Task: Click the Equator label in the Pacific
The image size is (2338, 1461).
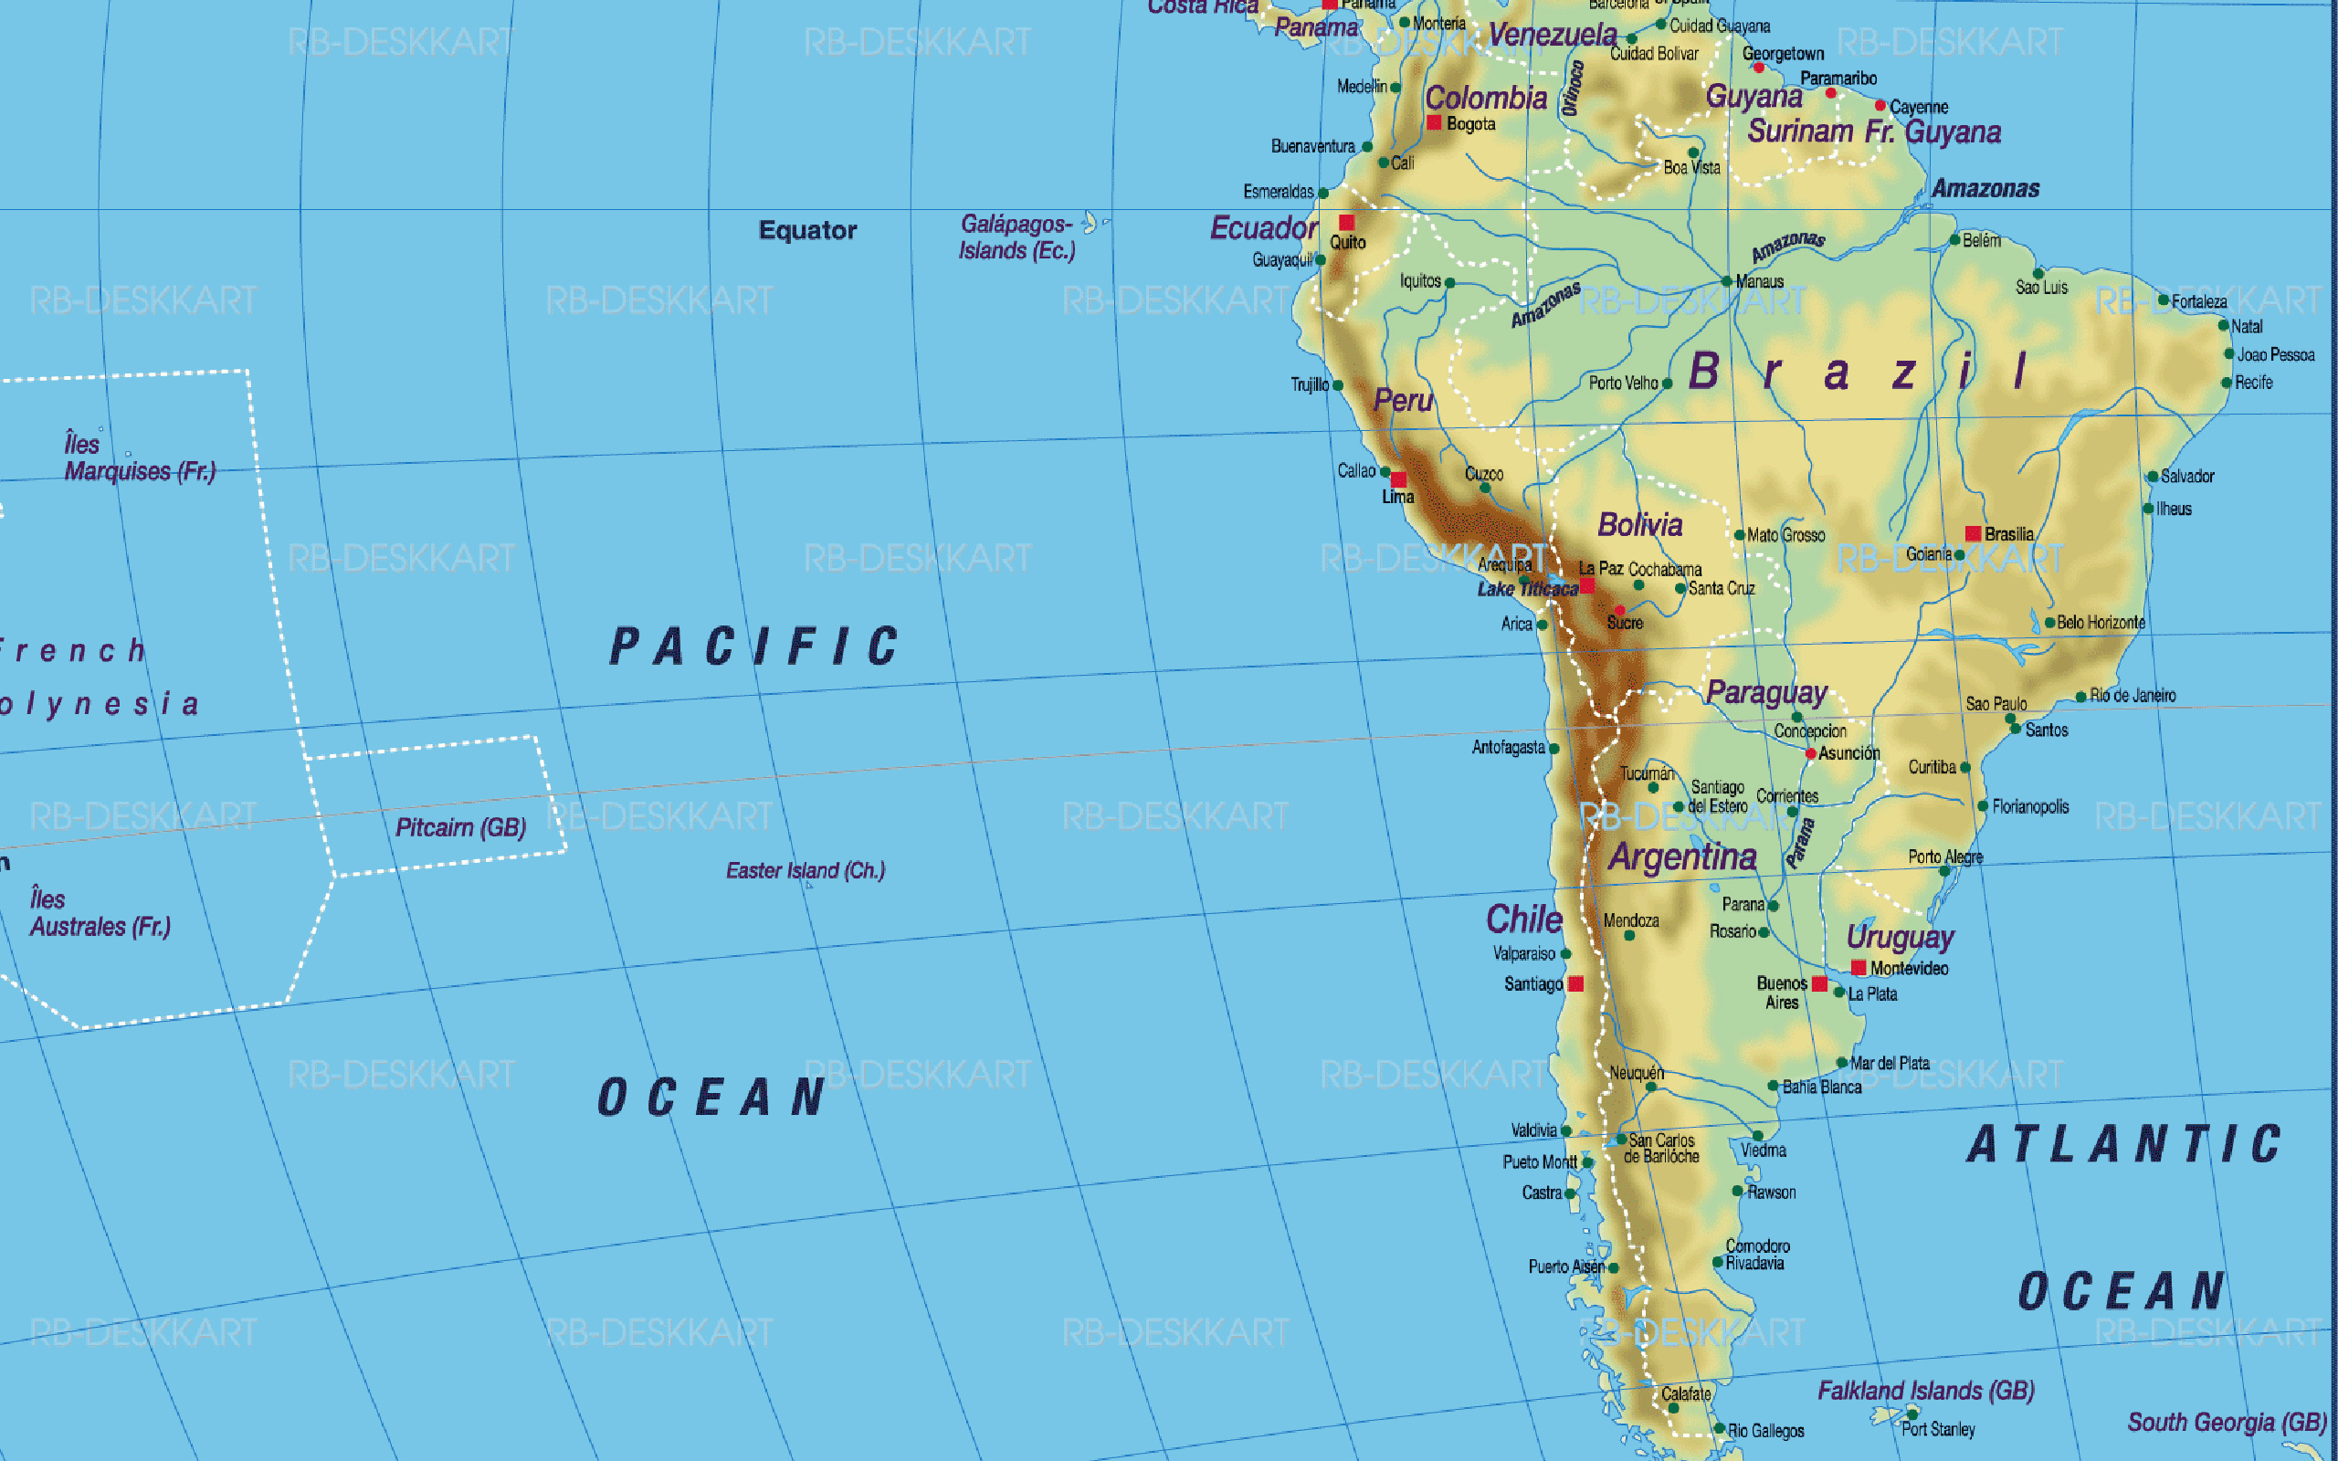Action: click(807, 230)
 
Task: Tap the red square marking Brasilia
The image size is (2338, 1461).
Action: click(1973, 533)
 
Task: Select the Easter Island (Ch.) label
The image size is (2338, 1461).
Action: click(805, 870)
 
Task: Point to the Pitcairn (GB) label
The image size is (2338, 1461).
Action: click(461, 827)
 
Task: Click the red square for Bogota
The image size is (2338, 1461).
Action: click(1435, 122)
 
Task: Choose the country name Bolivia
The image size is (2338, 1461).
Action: click(1639, 525)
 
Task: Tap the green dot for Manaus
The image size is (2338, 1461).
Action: click(1726, 282)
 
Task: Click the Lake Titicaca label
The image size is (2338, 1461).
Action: click(1526, 588)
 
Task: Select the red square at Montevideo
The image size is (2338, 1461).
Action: click(1858, 967)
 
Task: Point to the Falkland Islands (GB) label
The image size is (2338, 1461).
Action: click(1925, 1391)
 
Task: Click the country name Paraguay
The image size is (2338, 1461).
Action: click(1766, 692)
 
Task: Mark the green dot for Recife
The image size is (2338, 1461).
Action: click(2226, 383)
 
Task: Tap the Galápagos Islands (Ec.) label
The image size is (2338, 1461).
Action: click(1016, 237)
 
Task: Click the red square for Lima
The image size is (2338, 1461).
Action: click(1398, 480)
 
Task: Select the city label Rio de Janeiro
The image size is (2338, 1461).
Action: click(2133, 695)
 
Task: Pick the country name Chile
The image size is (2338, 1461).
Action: click(1523, 919)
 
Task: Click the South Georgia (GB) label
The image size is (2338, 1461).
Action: click(2227, 1423)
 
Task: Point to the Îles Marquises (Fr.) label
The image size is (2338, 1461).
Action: click(139, 458)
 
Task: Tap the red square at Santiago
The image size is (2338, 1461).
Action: click(1575, 983)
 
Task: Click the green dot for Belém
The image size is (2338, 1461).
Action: click(1954, 239)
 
